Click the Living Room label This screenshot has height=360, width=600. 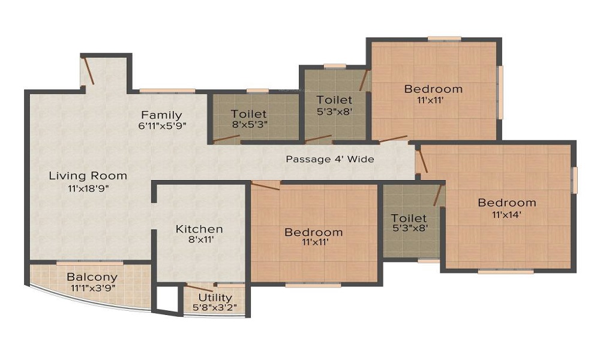(x=88, y=176)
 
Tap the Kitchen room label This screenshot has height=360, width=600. (x=199, y=229)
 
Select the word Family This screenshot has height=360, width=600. (x=161, y=115)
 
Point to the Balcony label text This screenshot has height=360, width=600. (x=92, y=277)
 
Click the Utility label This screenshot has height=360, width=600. (x=215, y=298)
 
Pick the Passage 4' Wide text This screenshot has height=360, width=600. (x=329, y=159)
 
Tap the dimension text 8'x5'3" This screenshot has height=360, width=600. (x=249, y=125)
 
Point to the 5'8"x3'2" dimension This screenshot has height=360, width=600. (x=215, y=308)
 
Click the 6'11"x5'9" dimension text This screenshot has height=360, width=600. (x=161, y=126)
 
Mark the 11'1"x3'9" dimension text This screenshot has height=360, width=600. (x=92, y=288)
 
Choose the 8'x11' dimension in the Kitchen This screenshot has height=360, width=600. (x=199, y=239)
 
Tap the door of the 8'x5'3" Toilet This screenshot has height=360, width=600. (x=226, y=140)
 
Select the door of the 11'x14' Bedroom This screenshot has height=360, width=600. (x=423, y=161)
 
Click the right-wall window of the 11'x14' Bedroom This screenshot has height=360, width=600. (x=574, y=180)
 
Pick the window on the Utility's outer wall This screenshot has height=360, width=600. (x=214, y=314)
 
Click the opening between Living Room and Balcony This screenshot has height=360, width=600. (x=89, y=262)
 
